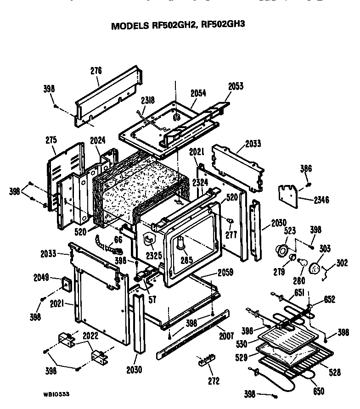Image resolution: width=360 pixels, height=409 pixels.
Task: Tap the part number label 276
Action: [x=96, y=71]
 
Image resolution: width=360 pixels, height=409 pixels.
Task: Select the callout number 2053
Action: [x=235, y=86]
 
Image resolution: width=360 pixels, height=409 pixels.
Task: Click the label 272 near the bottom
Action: [x=214, y=381]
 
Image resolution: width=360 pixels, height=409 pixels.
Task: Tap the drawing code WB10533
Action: [x=57, y=394]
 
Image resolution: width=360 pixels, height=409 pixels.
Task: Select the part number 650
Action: [x=318, y=392]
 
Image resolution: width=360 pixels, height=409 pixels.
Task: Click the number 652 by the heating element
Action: [x=329, y=300]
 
